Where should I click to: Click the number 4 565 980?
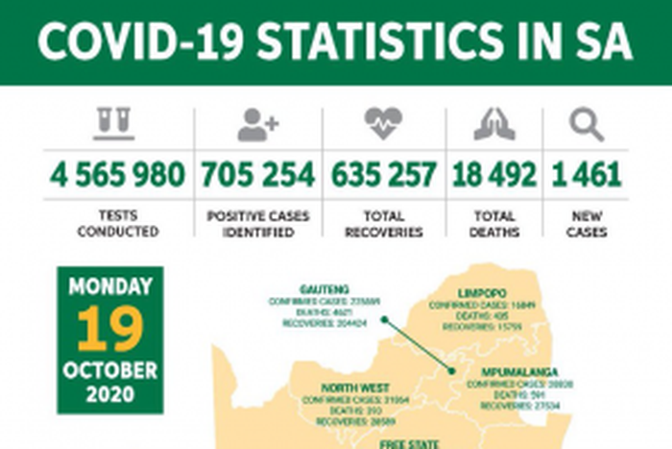117,175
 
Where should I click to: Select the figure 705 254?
257,175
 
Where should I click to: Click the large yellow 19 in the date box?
109,329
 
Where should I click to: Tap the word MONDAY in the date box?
109,287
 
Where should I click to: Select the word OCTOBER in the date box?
109,369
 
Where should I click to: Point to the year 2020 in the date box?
109,393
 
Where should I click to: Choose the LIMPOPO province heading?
481,292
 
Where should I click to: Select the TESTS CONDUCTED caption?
117,224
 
